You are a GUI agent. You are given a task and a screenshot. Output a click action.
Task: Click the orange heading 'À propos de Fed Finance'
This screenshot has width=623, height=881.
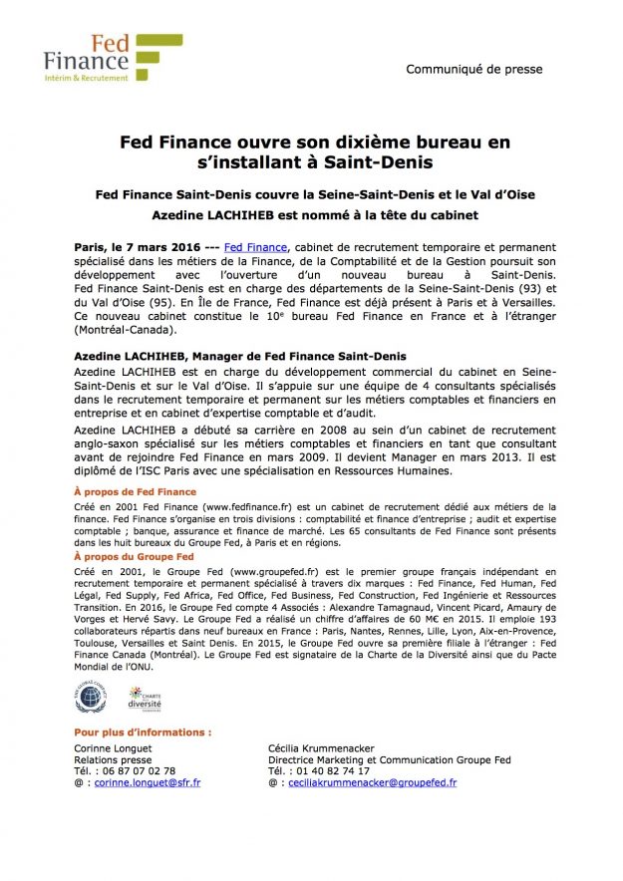tap(136, 492)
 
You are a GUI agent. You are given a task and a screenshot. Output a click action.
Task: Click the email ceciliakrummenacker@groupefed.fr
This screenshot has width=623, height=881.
tap(371, 783)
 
